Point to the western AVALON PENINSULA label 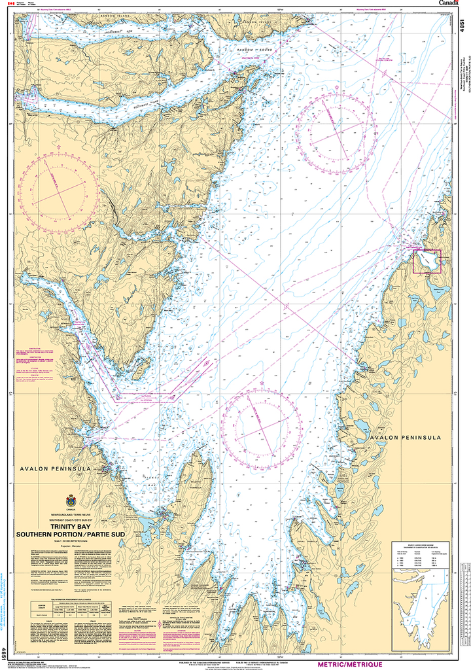coord(44,469)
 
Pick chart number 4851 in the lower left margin coord(5,652)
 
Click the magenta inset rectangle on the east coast coord(427,261)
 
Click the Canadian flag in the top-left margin coord(9,4)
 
